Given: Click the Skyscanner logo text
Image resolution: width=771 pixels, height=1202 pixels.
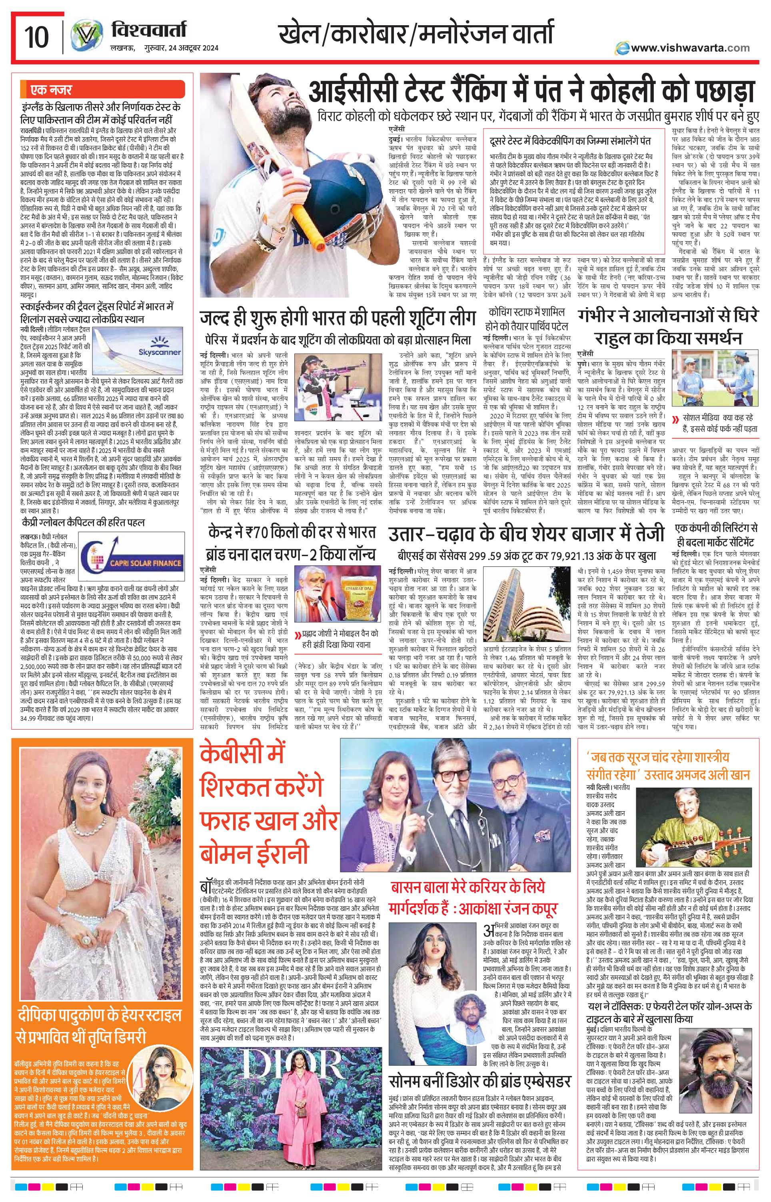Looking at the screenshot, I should [159, 352].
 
